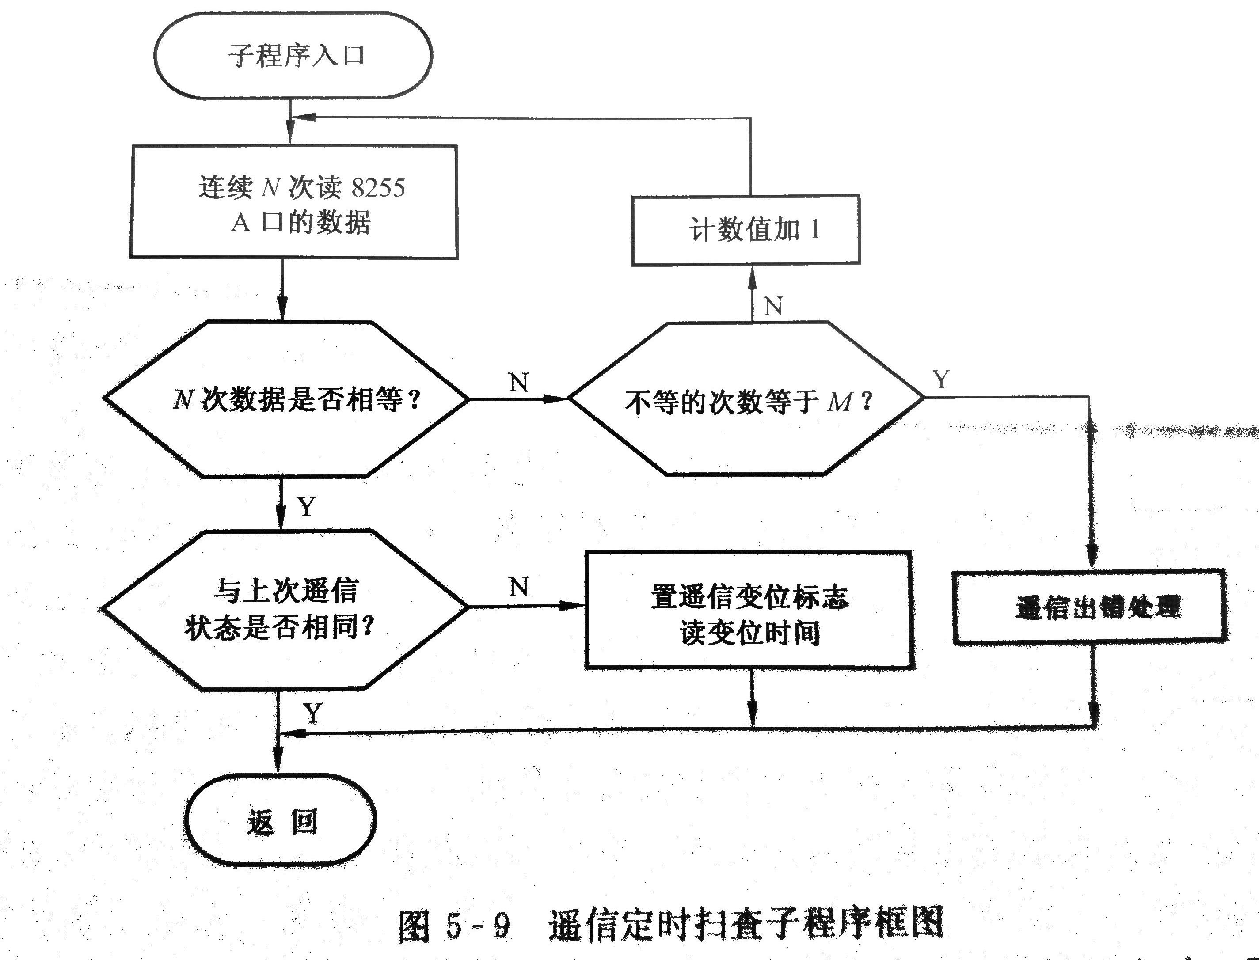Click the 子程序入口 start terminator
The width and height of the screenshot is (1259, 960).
tap(293, 55)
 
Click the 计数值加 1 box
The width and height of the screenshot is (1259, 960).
tap(746, 230)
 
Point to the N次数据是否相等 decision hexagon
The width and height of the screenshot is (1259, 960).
tap(286, 399)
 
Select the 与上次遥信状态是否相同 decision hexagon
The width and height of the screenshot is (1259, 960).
tap(284, 609)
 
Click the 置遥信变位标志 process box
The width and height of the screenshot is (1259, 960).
tap(749, 610)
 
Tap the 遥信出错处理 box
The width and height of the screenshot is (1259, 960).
tap(1090, 607)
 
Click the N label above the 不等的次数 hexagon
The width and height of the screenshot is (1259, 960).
tap(772, 306)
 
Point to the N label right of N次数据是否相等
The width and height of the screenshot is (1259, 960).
tap(518, 382)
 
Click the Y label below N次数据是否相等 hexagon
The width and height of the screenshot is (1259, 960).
tap(307, 506)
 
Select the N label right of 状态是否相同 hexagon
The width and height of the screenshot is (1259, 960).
tap(518, 586)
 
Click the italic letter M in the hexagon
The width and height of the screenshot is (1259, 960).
tap(839, 402)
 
